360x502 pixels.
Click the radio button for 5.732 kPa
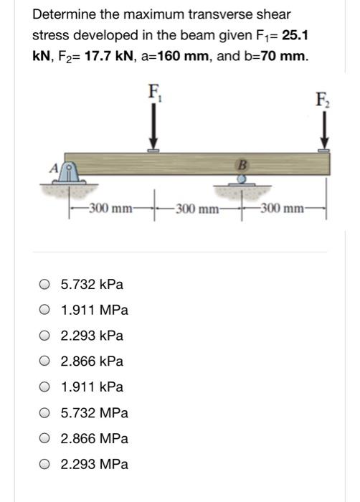(44, 285)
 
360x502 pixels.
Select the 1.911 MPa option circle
(44, 311)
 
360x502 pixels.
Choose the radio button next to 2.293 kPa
(44, 336)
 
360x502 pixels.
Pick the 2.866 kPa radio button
(44, 361)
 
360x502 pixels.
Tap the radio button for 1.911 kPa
(44, 387)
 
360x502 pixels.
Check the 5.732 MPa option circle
(44, 413)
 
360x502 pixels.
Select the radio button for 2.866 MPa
(44, 438)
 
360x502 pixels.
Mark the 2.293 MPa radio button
(44, 464)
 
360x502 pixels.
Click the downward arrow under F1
(153, 129)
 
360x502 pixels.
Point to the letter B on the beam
(242, 164)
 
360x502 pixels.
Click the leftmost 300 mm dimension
(108, 209)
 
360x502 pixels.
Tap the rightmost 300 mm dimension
(283, 209)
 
